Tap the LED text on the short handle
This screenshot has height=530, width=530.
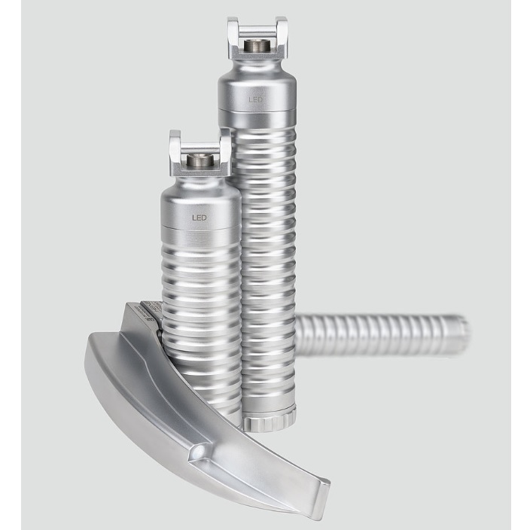[200, 216]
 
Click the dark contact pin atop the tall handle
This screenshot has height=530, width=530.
[258, 46]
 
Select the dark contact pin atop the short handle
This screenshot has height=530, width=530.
[200, 160]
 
